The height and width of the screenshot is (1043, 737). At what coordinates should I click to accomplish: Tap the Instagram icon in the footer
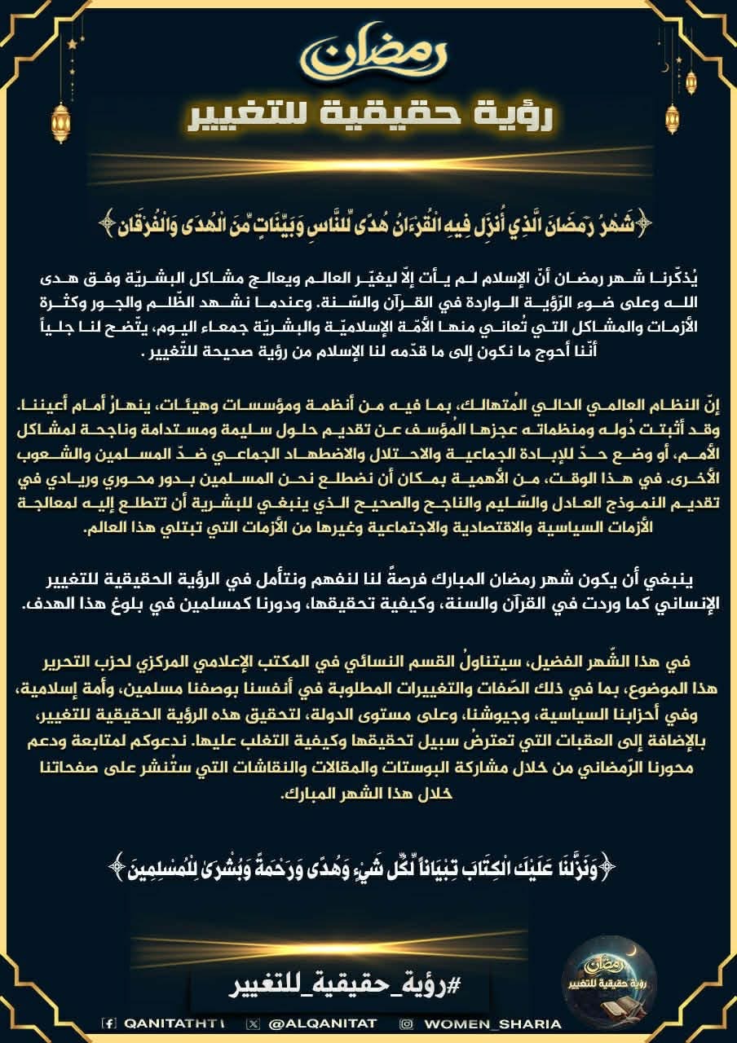click(406, 1023)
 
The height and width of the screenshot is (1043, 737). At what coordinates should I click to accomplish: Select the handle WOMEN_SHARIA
click(492, 1023)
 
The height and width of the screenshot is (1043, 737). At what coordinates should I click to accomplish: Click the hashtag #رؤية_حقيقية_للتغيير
click(342, 986)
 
